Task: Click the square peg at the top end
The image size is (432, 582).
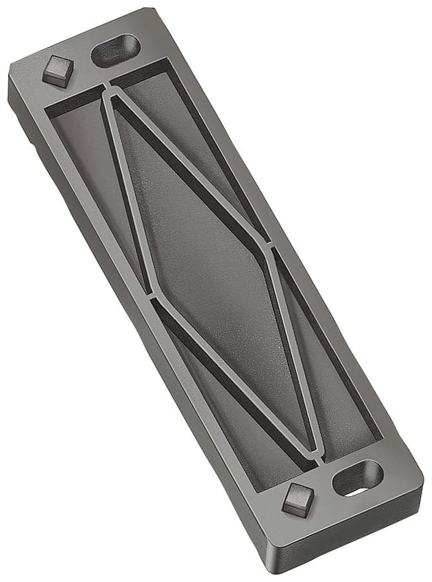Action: pos(58,69)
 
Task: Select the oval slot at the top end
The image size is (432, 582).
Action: pos(116,50)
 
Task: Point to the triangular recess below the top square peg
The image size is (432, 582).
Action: pos(90,173)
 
